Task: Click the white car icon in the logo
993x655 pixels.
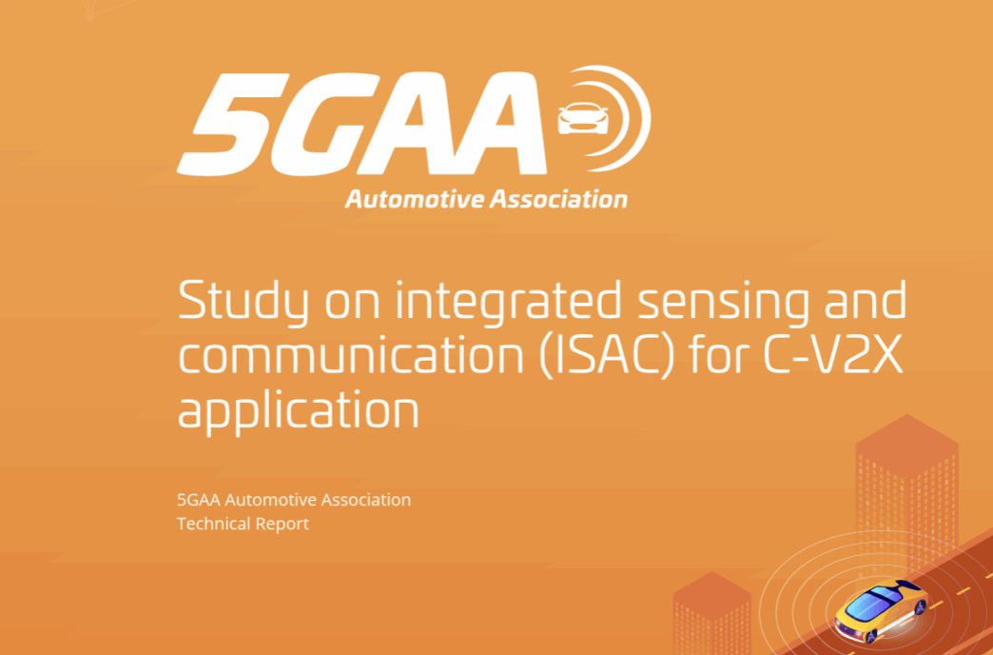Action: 583,119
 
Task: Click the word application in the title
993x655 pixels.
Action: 299,413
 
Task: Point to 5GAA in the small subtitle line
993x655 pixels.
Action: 198,500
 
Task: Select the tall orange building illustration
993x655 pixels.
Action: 906,494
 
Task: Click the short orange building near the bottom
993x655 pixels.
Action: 711,612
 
